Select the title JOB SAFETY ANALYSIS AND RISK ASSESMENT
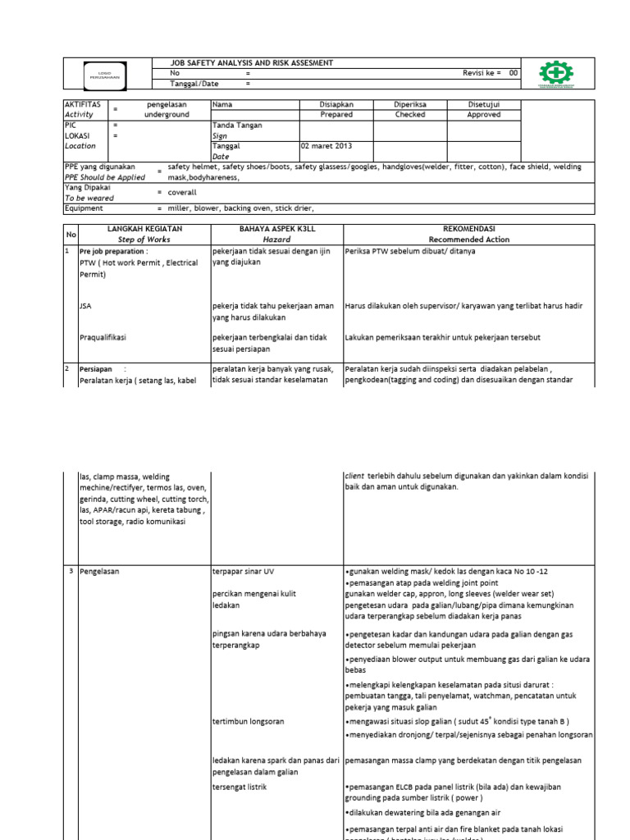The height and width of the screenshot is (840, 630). point(240,62)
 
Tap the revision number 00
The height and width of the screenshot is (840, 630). point(514,73)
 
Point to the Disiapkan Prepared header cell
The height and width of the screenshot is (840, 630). point(336,110)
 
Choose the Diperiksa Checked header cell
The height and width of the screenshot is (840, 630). point(410,110)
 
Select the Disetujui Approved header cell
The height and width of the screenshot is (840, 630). point(483,110)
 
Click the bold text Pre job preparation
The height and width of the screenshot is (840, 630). point(113,251)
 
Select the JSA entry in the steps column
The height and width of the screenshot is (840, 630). point(85,306)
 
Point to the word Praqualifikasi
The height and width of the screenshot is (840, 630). point(103,337)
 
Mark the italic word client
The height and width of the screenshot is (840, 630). point(354,475)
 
